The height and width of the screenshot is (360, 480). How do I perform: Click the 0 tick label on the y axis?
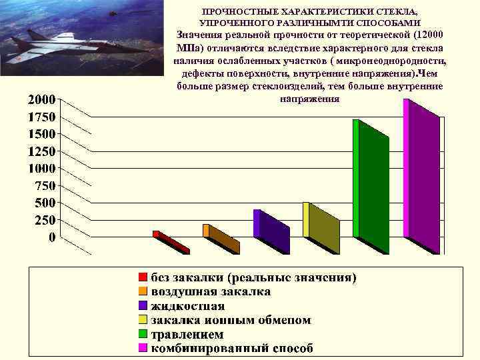tap(51, 237)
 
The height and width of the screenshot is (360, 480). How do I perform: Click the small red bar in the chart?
tap(171, 243)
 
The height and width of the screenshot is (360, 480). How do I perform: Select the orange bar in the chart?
tap(221, 239)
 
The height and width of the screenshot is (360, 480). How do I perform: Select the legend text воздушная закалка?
tap(211, 291)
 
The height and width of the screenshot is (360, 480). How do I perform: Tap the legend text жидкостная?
tap(188, 306)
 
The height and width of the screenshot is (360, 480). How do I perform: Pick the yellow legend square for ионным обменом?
tap(143, 320)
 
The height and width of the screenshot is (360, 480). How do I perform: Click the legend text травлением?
tap(187, 334)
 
